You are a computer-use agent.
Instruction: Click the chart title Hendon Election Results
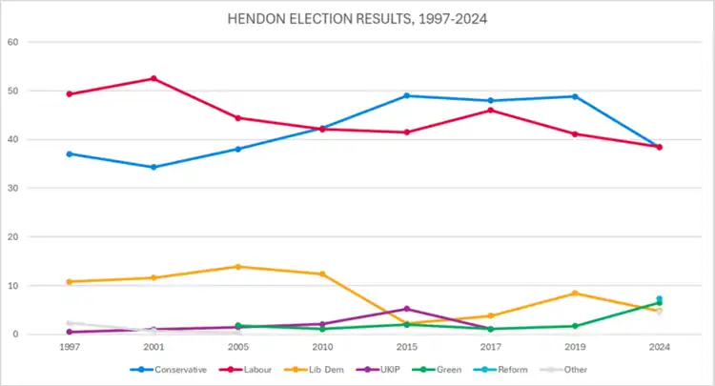tap(357, 18)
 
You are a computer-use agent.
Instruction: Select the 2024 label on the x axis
tap(659, 348)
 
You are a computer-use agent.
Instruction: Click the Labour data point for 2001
tap(153, 78)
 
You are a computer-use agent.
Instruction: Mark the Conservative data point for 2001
tap(153, 167)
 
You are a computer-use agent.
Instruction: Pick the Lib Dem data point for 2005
tap(238, 267)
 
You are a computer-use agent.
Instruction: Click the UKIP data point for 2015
tap(406, 309)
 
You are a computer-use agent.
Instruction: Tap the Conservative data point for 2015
tap(406, 95)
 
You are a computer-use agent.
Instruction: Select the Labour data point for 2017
tap(491, 111)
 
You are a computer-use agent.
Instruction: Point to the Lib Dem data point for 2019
tap(575, 294)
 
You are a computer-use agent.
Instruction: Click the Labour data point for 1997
tap(70, 94)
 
